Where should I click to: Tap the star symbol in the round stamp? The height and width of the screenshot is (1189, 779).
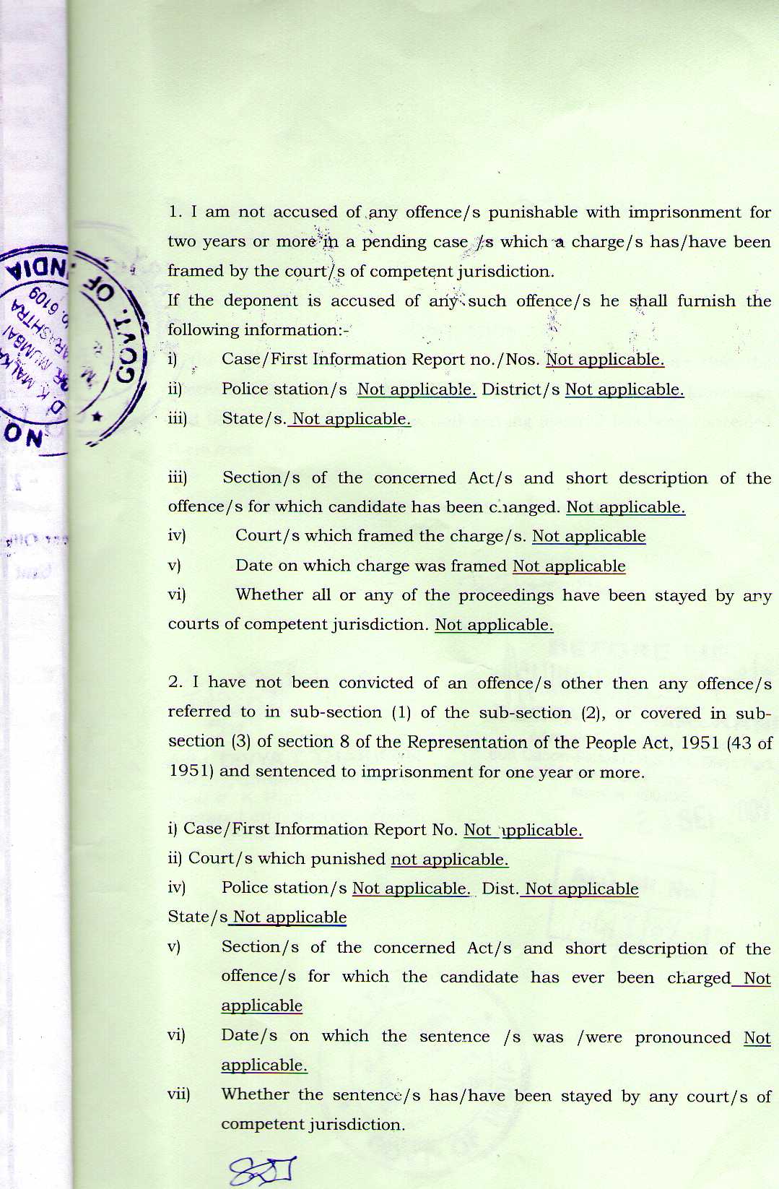tap(97, 417)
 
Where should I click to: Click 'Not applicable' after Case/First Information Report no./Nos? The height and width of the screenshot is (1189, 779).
tap(604, 360)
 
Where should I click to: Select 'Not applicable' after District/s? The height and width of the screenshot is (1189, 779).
tap(624, 389)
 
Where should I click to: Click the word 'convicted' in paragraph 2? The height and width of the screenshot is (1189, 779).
tap(375, 683)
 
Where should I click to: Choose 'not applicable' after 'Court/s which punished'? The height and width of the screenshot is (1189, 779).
tap(449, 859)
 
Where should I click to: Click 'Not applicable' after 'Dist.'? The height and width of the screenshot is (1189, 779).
tap(581, 888)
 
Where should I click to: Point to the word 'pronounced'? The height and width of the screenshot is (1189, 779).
tap(683, 1038)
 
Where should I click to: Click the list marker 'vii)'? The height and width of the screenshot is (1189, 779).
tap(179, 1094)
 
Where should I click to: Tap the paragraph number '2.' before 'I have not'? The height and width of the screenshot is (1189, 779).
tap(175, 683)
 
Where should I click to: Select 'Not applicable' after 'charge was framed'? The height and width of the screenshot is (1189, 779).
tap(569, 566)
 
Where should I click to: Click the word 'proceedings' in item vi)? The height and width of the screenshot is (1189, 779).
tap(507, 596)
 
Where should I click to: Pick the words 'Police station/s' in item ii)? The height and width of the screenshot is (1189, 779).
tap(284, 389)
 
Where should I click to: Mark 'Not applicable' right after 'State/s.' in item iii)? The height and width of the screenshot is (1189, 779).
tap(351, 419)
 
